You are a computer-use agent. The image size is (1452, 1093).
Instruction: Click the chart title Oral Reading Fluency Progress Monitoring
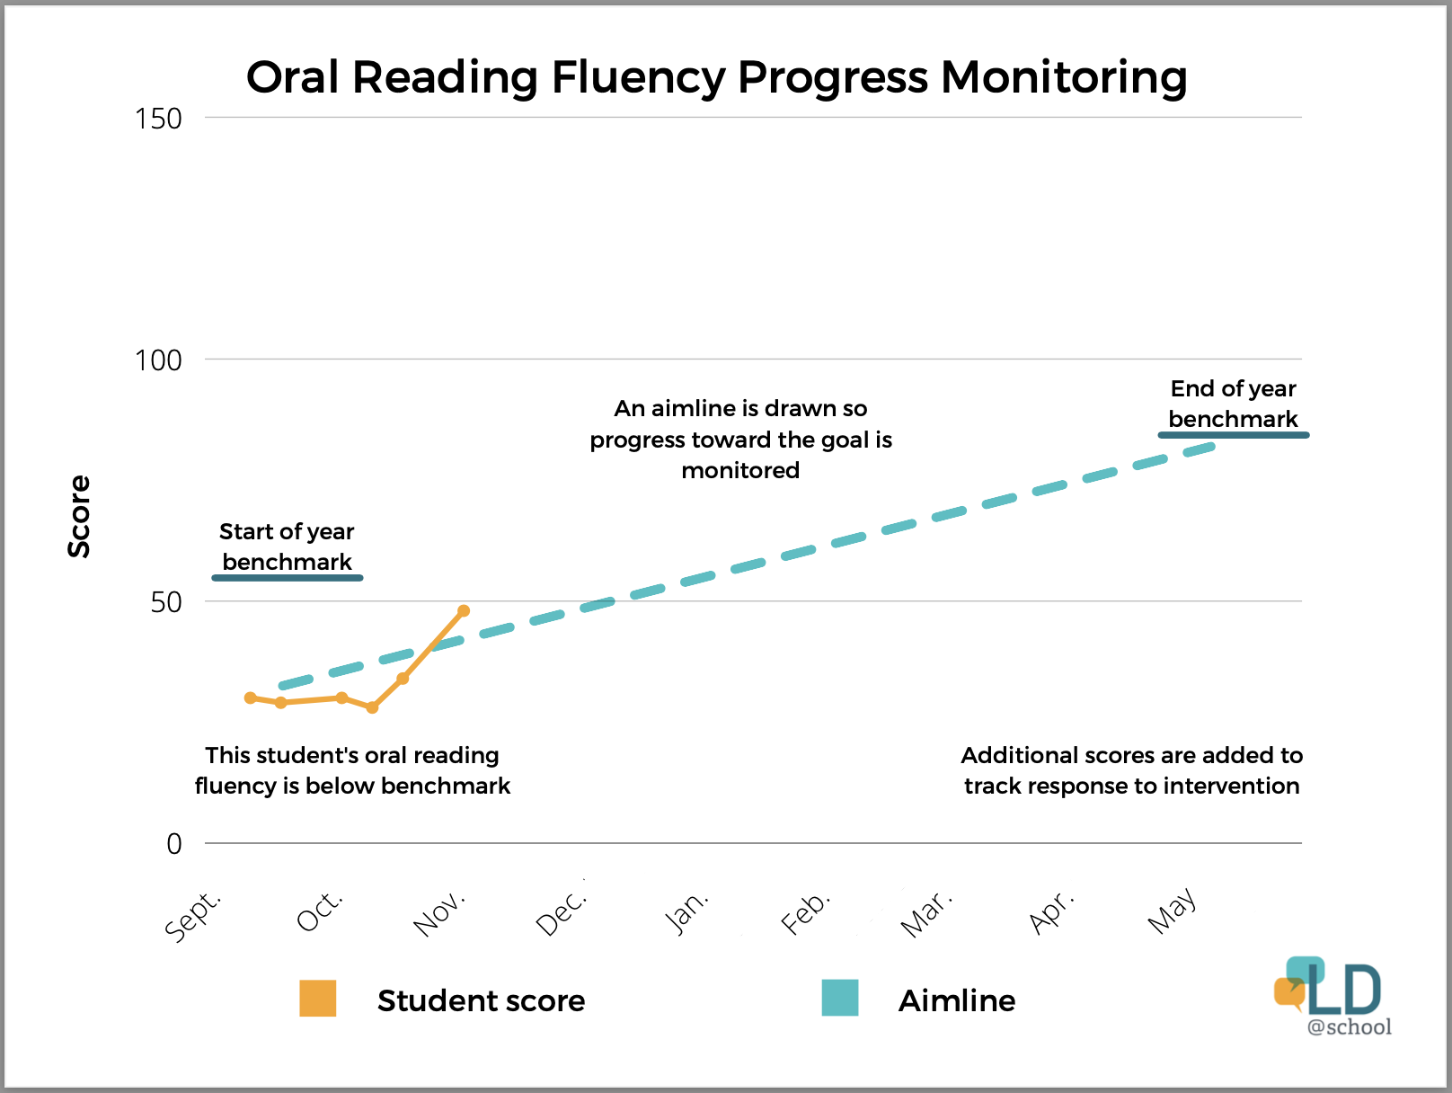tap(716, 77)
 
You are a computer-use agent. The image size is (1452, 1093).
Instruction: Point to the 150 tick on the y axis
tap(158, 119)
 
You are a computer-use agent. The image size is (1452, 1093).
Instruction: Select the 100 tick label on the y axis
tap(158, 360)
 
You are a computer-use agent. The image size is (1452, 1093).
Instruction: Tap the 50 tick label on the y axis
tap(166, 602)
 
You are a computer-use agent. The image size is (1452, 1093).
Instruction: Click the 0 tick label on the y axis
tap(174, 844)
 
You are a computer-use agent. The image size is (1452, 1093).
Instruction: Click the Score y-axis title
tap(80, 516)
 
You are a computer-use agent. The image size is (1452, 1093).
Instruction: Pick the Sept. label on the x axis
tap(193, 915)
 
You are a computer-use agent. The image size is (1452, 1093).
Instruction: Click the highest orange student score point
tap(464, 611)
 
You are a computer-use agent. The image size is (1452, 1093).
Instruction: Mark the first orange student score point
tap(251, 698)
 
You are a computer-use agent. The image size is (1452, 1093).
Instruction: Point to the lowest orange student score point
tap(372, 707)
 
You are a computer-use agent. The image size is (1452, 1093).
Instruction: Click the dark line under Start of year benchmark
tap(288, 578)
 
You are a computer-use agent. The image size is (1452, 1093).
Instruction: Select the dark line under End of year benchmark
tap(1233, 435)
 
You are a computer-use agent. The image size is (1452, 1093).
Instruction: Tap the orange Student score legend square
tap(318, 999)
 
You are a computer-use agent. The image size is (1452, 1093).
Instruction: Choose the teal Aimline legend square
tap(840, 999)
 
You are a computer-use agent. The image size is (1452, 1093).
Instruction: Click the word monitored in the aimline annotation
tap(740, 471)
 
